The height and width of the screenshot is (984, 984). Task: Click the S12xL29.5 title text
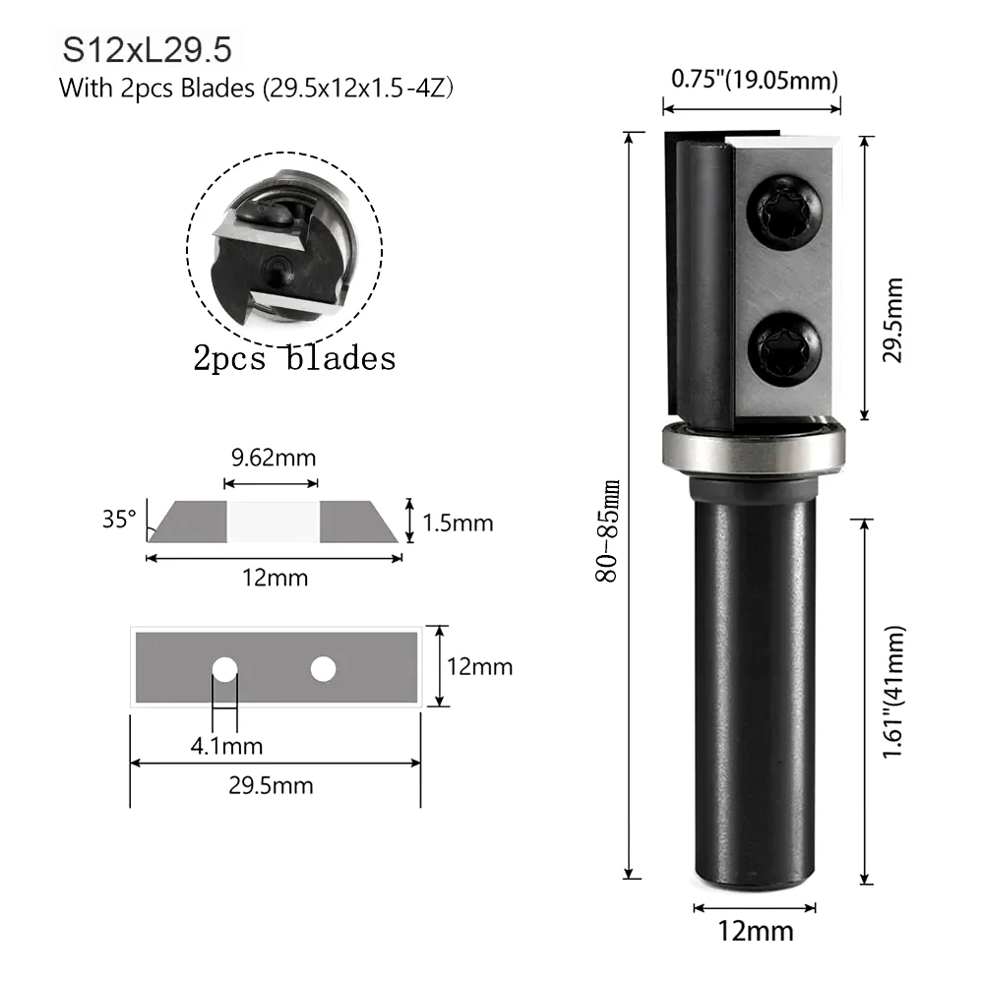147,49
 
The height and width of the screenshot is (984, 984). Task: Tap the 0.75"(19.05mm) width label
755,80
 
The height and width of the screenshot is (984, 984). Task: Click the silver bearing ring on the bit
754,449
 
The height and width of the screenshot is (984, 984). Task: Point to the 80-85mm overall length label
607,531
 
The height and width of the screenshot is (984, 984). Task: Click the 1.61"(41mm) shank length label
893,692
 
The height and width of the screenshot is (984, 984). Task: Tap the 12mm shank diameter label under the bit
756,931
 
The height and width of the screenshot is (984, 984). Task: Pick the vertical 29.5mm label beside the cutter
892,320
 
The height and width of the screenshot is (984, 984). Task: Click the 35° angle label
119,519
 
